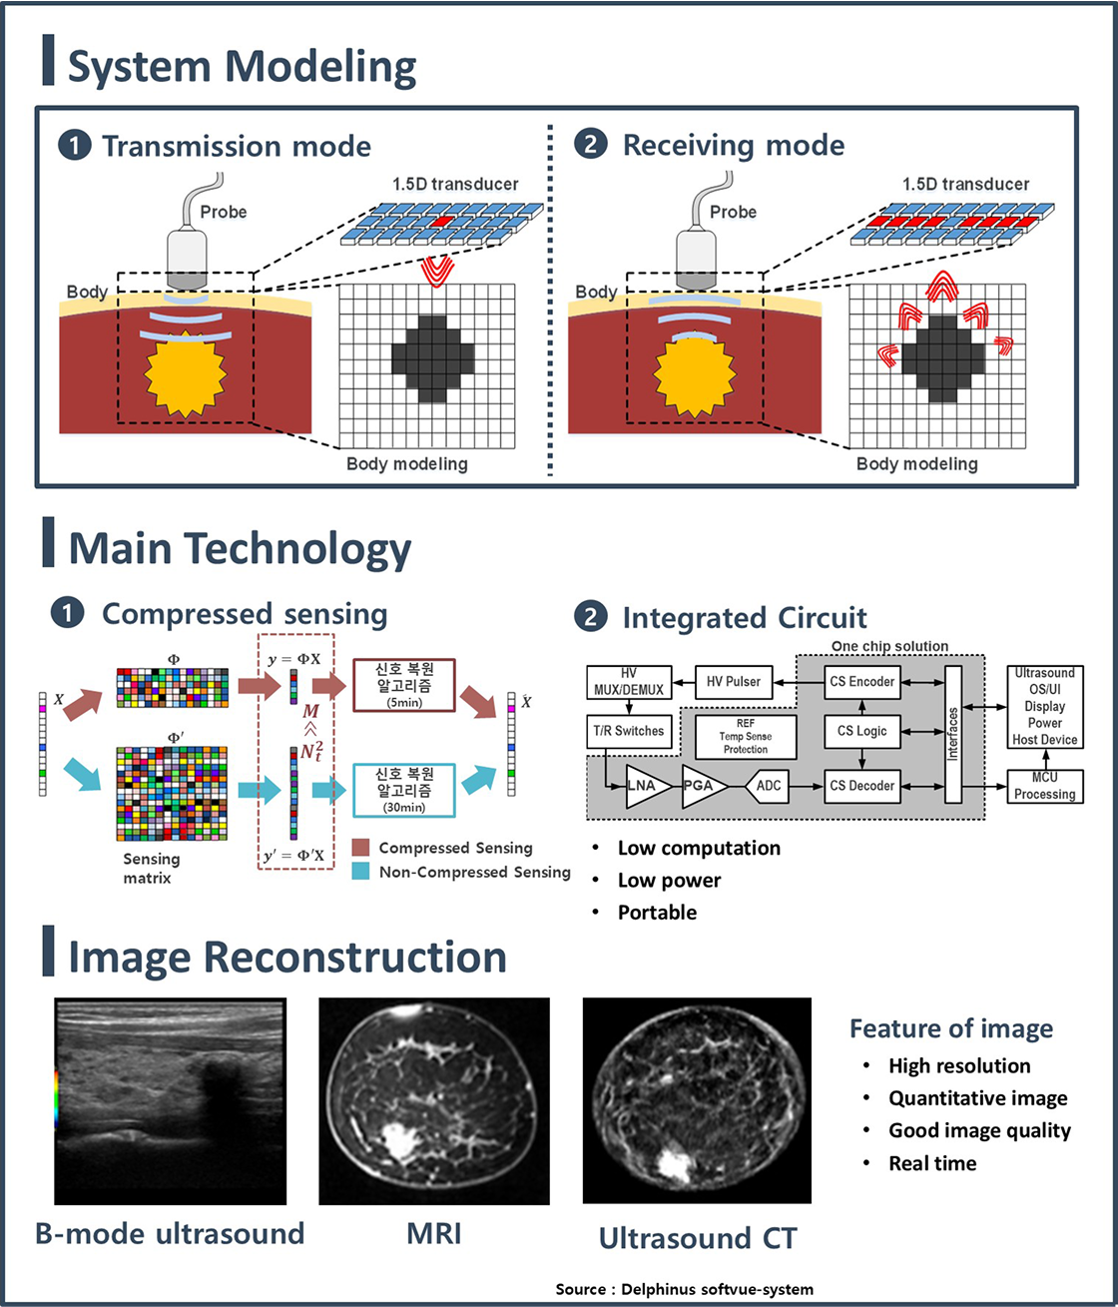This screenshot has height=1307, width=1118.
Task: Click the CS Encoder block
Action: pos(862,682)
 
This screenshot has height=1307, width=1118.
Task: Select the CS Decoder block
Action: pos(862,786)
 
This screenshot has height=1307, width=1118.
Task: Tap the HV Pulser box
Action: pos(733,682)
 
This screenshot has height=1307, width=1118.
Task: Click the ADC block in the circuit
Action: pos(768,786)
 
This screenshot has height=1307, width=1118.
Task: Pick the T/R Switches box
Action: pos(629,732)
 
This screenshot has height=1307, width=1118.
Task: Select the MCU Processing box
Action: pos(1045,786)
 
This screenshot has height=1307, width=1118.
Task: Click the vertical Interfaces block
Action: pos(953,734)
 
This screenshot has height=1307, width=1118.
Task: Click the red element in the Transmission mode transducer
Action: pos(443,222)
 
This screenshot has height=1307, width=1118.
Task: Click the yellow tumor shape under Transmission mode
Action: pos(186,373)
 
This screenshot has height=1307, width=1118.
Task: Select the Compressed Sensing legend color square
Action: pos(360,848)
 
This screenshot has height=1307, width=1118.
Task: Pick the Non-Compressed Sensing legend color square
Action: pos(360,872)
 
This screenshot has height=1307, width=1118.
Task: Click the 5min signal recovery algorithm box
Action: pos(404,685)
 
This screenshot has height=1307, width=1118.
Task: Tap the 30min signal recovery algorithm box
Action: pos(404,791)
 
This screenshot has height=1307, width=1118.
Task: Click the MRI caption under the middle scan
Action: pos(433,1234)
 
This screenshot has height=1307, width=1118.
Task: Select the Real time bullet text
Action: pos(932,1163)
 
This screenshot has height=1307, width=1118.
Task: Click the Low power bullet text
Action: pos(669,881)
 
